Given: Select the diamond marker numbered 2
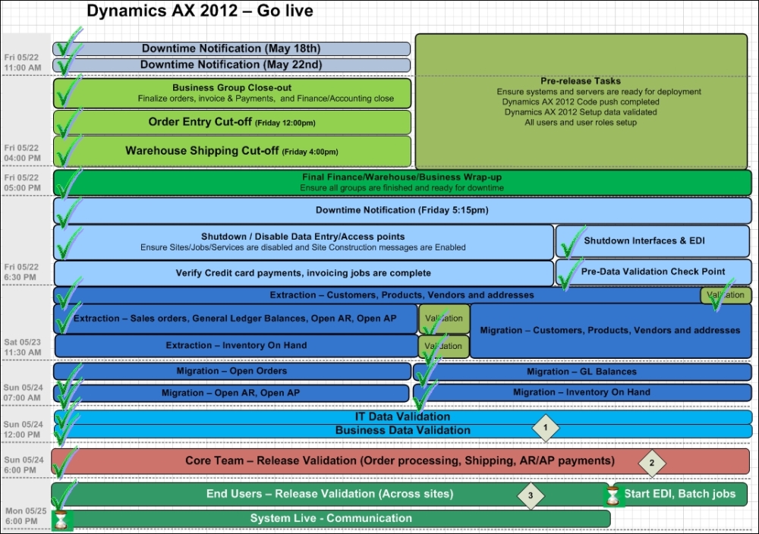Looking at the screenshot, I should click(x=651, y=461).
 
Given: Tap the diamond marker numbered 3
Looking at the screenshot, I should click(x=531, y=495).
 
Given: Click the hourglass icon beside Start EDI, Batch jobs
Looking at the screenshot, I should click(x=612, y=495).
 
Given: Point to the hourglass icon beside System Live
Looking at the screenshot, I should click(x=61, y=520).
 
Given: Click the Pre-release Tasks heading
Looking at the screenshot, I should click(x=581, y=81).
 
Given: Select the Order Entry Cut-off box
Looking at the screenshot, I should click(x=231, y=122).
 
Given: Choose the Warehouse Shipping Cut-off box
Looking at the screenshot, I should click(x=231, y=151).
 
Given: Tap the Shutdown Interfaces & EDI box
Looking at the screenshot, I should click(x=653, y=241).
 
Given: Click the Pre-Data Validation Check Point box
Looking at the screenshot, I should click(x=653, y=272).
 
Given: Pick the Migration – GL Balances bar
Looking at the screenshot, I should click(x=581, y=372).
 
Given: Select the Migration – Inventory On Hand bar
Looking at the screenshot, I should click(x=581, y=392).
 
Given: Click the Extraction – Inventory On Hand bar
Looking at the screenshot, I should click(x=236, y=346).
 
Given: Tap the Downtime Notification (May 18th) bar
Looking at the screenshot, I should click(x=231, y=49).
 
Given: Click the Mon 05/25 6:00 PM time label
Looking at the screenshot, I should click(x=24, y=516).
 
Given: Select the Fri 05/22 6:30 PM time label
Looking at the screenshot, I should click(x=22, y=272).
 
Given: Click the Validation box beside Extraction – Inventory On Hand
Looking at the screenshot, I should click(x=444, y=347).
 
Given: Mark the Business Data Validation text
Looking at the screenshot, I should click(x=402, y=430).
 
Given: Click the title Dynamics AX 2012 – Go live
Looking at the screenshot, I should click(x=189, y=11).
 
